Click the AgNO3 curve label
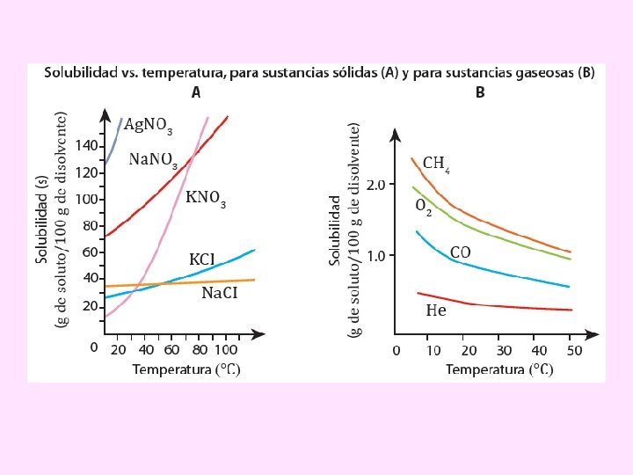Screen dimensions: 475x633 (148, 126)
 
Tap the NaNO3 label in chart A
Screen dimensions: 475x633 (153, 160)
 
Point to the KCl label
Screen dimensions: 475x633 (202, 259)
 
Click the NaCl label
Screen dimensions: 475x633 (220, 293)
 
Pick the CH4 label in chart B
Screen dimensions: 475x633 (437, 164)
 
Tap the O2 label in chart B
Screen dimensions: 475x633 (423, 206)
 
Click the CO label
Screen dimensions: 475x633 (460, 252)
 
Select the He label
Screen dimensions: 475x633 (435, 310)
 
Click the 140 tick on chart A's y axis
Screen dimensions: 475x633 (85, 145)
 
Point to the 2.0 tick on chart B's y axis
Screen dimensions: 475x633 (375, 185)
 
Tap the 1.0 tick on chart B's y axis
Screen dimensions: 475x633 (375, 255)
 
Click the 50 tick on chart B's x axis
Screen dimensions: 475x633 (572, 351)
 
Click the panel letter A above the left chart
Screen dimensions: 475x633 (196, 91)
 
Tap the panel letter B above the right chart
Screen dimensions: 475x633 (480, 91)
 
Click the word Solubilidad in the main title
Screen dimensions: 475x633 (81, 72)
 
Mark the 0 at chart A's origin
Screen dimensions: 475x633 (94, 347)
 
